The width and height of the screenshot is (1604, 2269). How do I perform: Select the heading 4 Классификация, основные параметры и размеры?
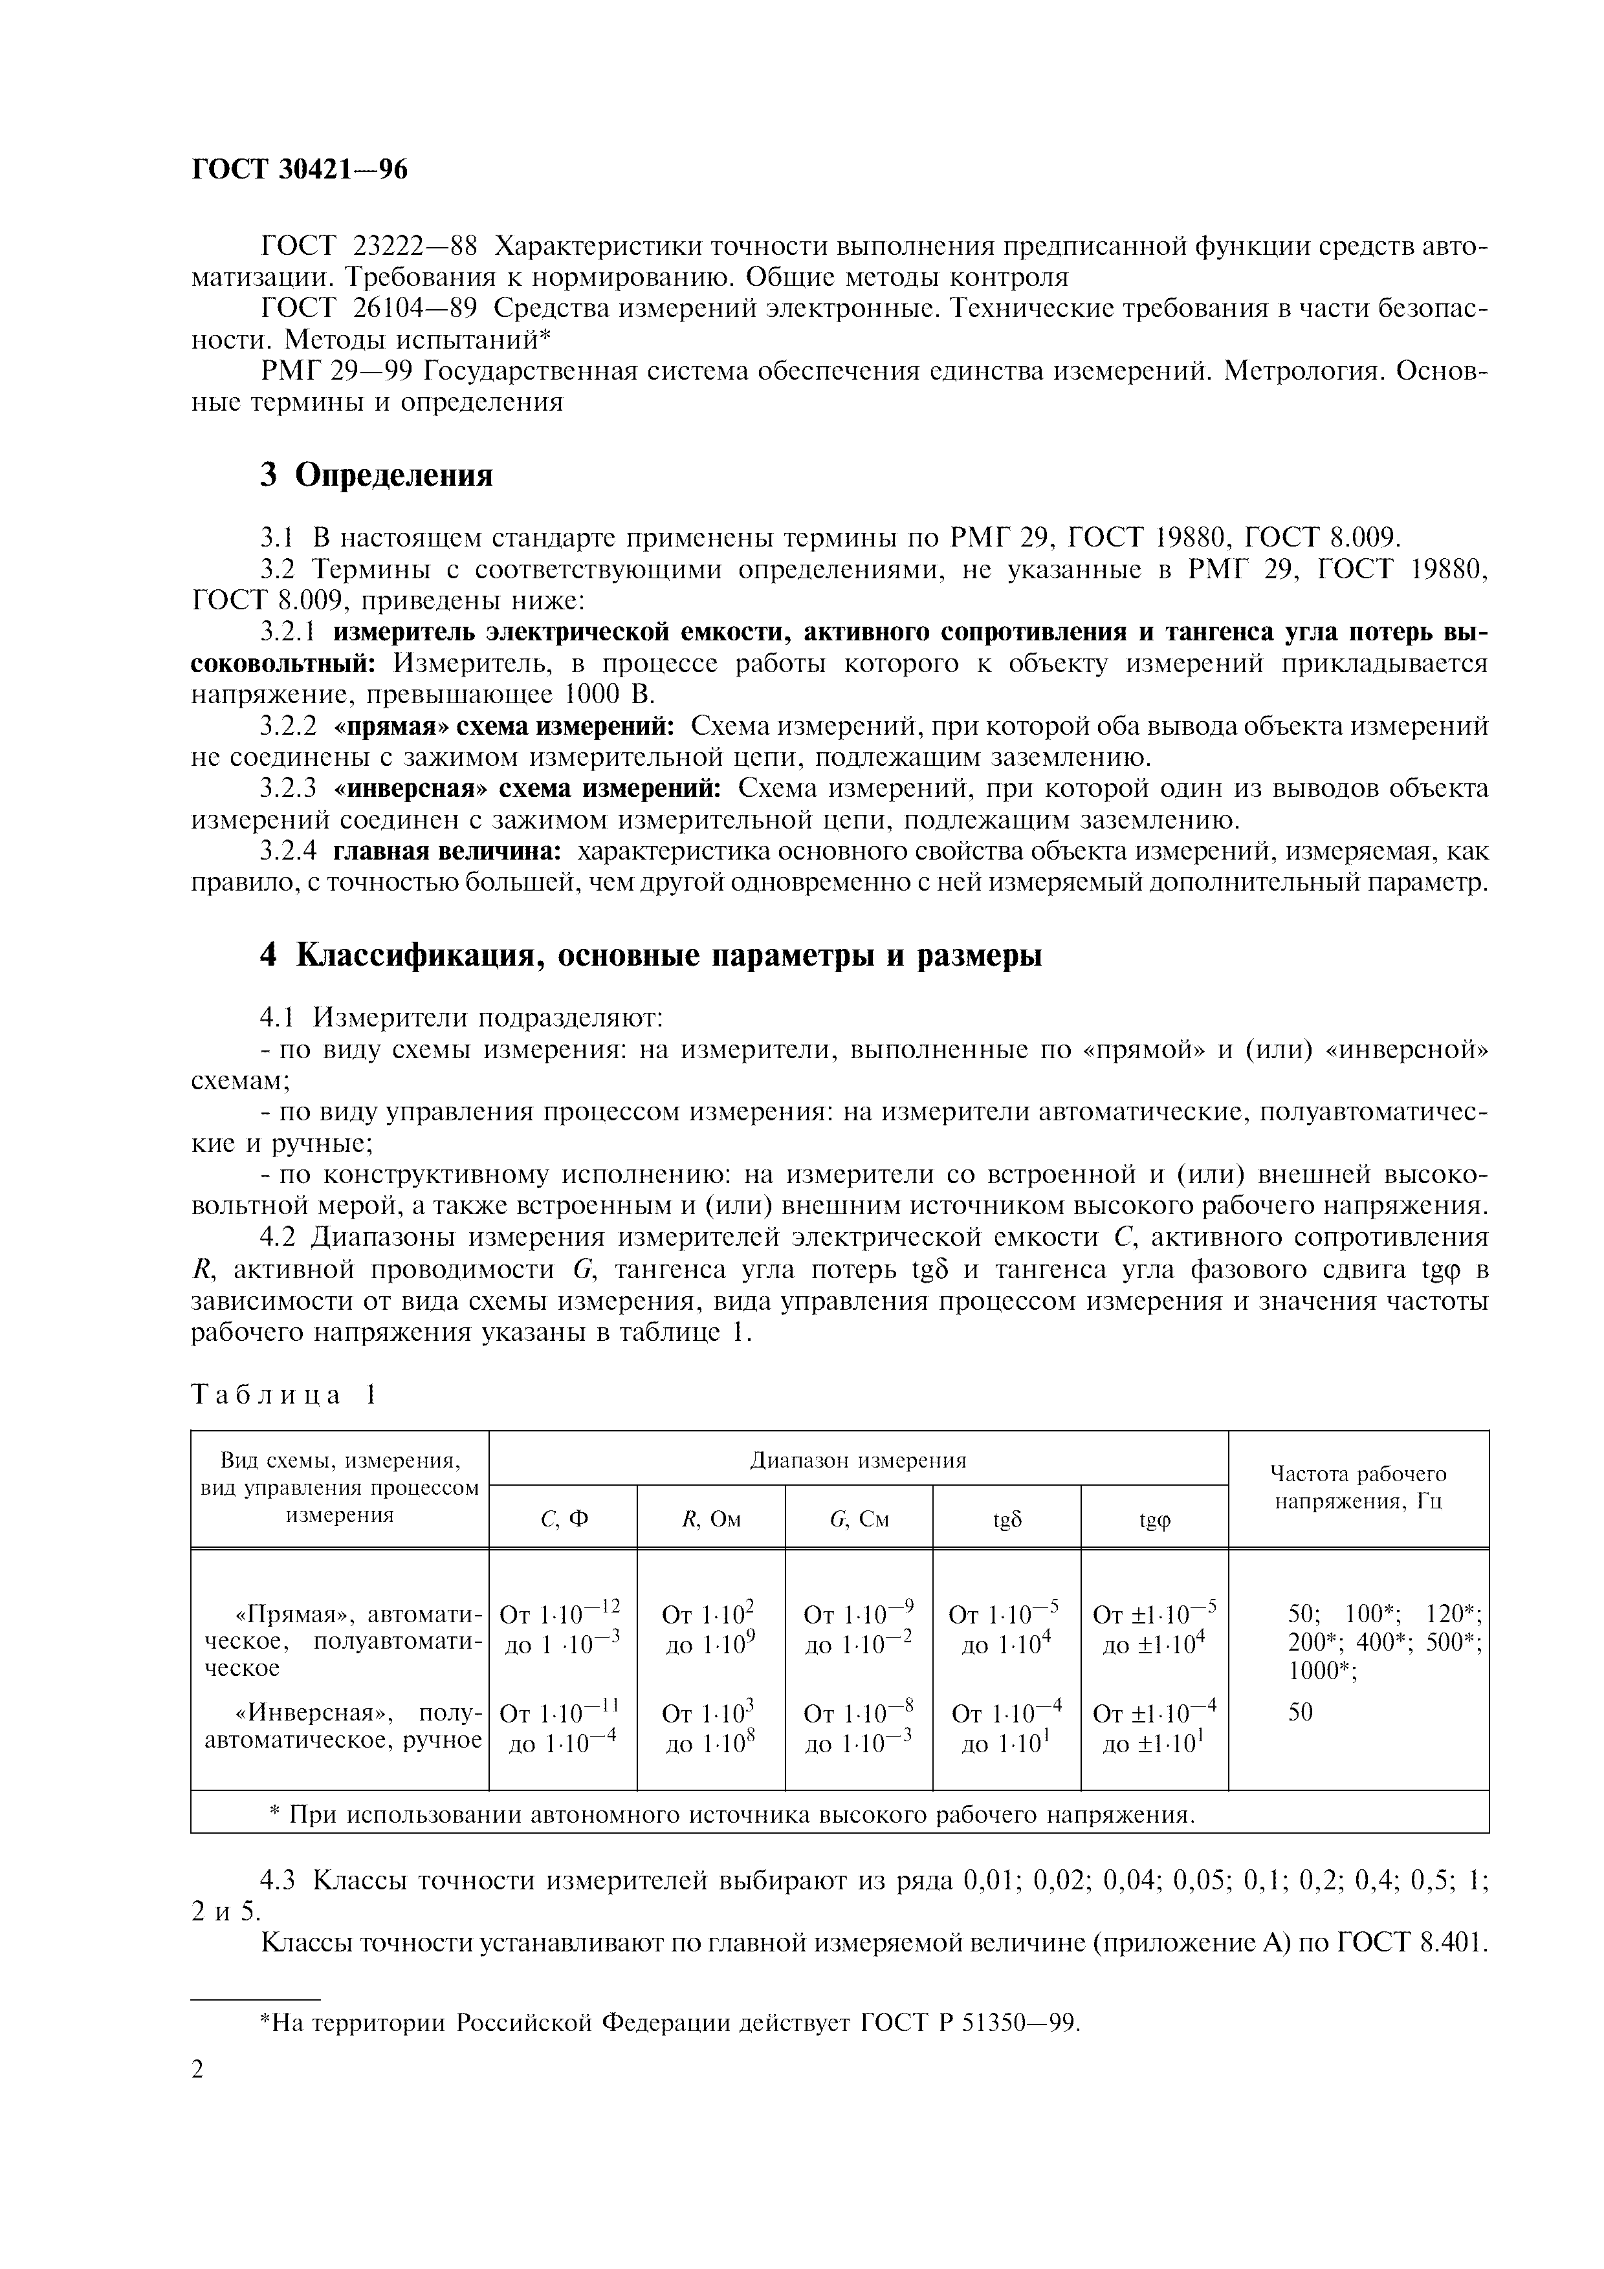click(650, 955)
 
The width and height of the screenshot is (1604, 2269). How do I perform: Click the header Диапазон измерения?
click(858, 1460)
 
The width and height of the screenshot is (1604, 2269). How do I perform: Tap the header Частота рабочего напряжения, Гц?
click(1358, 1487)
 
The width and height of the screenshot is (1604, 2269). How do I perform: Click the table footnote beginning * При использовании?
click(731, 1816)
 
